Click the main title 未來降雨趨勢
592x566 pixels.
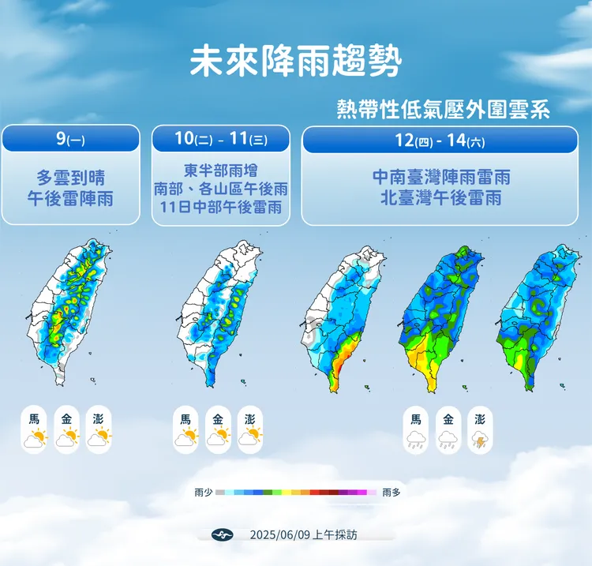[x=295, y=62]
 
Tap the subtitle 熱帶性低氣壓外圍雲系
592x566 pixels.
[x=443, y=110]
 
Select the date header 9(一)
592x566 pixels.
[x=70, y=139]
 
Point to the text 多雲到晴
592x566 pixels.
[x=70, y=178]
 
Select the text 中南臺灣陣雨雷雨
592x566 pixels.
[x=440, y=178]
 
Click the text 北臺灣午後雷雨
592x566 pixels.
[x=440, y=198]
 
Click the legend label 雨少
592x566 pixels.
[x=203, y=493]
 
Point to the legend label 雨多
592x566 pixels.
[x=391, y=493]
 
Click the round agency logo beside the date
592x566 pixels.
[x=223, y=534]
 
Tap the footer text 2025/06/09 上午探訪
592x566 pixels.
[x=303, y=534]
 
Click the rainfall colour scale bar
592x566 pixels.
[x=296, y=493]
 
